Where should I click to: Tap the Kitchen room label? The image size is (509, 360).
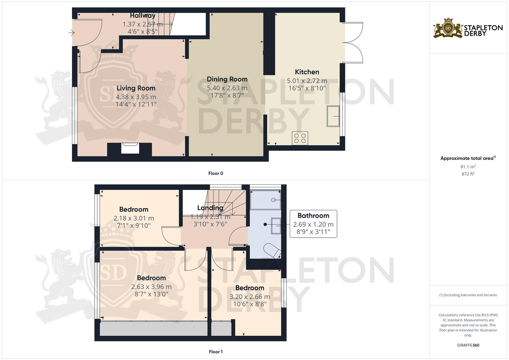coord(307,72)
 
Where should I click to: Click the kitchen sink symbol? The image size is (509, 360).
coord(333,116)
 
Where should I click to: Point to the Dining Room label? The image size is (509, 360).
coord(227,79)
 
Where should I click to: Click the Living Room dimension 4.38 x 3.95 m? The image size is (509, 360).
coord(136,97)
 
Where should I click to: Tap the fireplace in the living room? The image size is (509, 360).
coord(130,148)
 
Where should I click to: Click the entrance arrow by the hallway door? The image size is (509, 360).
coord(71,33)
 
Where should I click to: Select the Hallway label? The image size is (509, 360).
coord(143,16)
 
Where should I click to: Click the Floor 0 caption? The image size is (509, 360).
coord(216,173)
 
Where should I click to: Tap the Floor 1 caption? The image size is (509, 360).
coord(216,352)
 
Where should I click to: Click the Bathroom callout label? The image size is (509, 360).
coord(313,216)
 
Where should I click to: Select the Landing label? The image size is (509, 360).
coord(210,208)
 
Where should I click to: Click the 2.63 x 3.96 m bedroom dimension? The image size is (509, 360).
coord(151,287)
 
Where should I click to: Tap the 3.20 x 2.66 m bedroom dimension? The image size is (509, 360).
coord(250,297)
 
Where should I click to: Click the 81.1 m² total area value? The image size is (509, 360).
coord(468,167)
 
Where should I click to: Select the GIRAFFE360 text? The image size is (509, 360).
coord(468,345)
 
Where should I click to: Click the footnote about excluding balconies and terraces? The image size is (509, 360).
coord(468,295)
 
